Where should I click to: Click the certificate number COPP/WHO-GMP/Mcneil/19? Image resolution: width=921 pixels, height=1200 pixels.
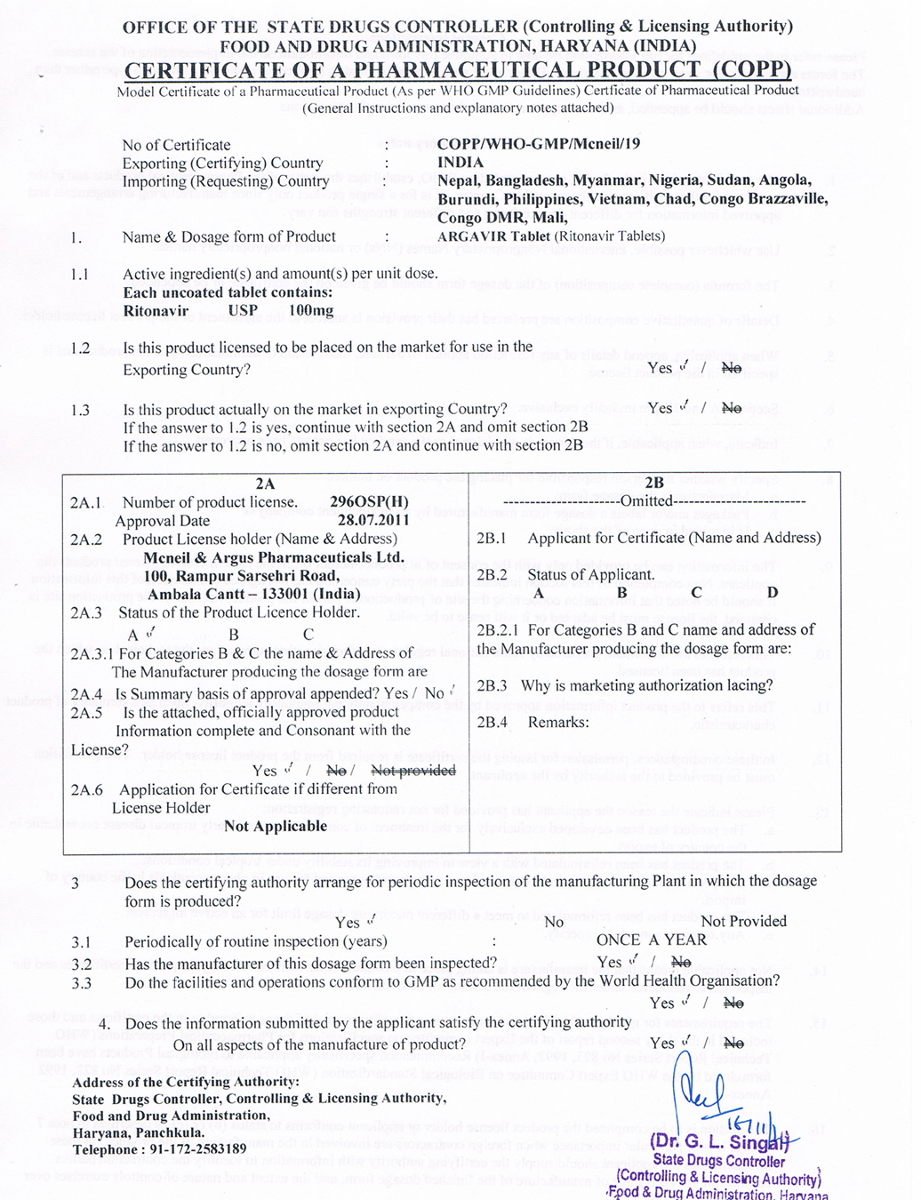[538, 144]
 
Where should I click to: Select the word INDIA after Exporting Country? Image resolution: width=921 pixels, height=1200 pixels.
[460, 163]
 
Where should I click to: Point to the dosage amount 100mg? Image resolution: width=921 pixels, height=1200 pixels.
[311, 311]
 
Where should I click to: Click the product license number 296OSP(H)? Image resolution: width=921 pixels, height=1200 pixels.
[369, 502]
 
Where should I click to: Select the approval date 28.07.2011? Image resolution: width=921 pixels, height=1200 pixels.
[373, 521]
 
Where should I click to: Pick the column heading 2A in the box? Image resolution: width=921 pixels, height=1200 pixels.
[265, 484]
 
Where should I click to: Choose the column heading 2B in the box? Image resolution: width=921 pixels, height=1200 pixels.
[654, 484]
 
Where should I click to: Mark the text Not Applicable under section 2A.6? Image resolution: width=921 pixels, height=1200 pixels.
[276, 827]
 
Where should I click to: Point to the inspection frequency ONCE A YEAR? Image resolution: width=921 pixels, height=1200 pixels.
[651, 940]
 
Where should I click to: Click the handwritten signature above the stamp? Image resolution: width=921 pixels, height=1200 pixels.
[702, 1089]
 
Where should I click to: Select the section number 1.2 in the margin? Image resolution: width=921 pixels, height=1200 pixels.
[80, 348]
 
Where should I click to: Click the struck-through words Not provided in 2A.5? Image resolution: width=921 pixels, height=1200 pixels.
[412, 771]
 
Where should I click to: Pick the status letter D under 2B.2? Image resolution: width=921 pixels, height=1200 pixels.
[773, 593]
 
